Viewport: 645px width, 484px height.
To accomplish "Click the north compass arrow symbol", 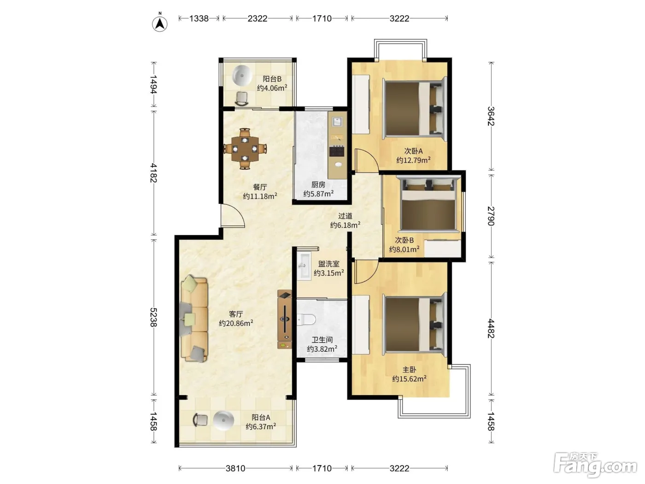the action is pyautogui.click(x=159, y=24).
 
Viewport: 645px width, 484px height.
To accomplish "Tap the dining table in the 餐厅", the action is pyautogui.click(x=245, y=149).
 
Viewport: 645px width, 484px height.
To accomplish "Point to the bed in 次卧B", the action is pyautogui.click(x=428, y=203).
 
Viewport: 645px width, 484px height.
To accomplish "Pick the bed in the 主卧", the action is pyautogui.click(x=415, y=325).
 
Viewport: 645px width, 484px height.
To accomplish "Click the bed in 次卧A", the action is pyautogui.click(x=415, y=108).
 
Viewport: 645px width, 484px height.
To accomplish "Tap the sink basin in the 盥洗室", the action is pyautogui.click(x=304, y=266).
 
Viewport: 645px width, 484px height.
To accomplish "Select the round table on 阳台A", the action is pyautogui.click(x=223, y=420).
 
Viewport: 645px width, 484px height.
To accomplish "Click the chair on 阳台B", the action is pyautogui.click(x=242, y=99).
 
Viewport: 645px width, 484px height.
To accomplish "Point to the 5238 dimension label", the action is pyautogui.click(x=154, y=318).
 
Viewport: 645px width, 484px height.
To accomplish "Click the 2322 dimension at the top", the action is pyautogui.click(x=258, y=18).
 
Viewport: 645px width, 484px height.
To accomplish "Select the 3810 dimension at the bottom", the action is pyautogui.click(x=235, y=468).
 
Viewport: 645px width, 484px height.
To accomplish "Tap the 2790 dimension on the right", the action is pyautogui.click(x=491, y=216).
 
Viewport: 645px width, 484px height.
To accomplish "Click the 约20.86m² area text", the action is pyautogui.click(x=236, y=323).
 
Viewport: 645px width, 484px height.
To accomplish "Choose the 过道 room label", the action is pyautogui.click(x=345, y=216).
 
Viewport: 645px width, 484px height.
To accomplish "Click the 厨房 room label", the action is pyautogui.click(x=318, y=184).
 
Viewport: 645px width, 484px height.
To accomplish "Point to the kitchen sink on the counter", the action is pyautogui.click(x=337, y=121).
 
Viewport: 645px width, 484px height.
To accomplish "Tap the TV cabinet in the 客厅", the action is pyautogui.click(x=285, y=319).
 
